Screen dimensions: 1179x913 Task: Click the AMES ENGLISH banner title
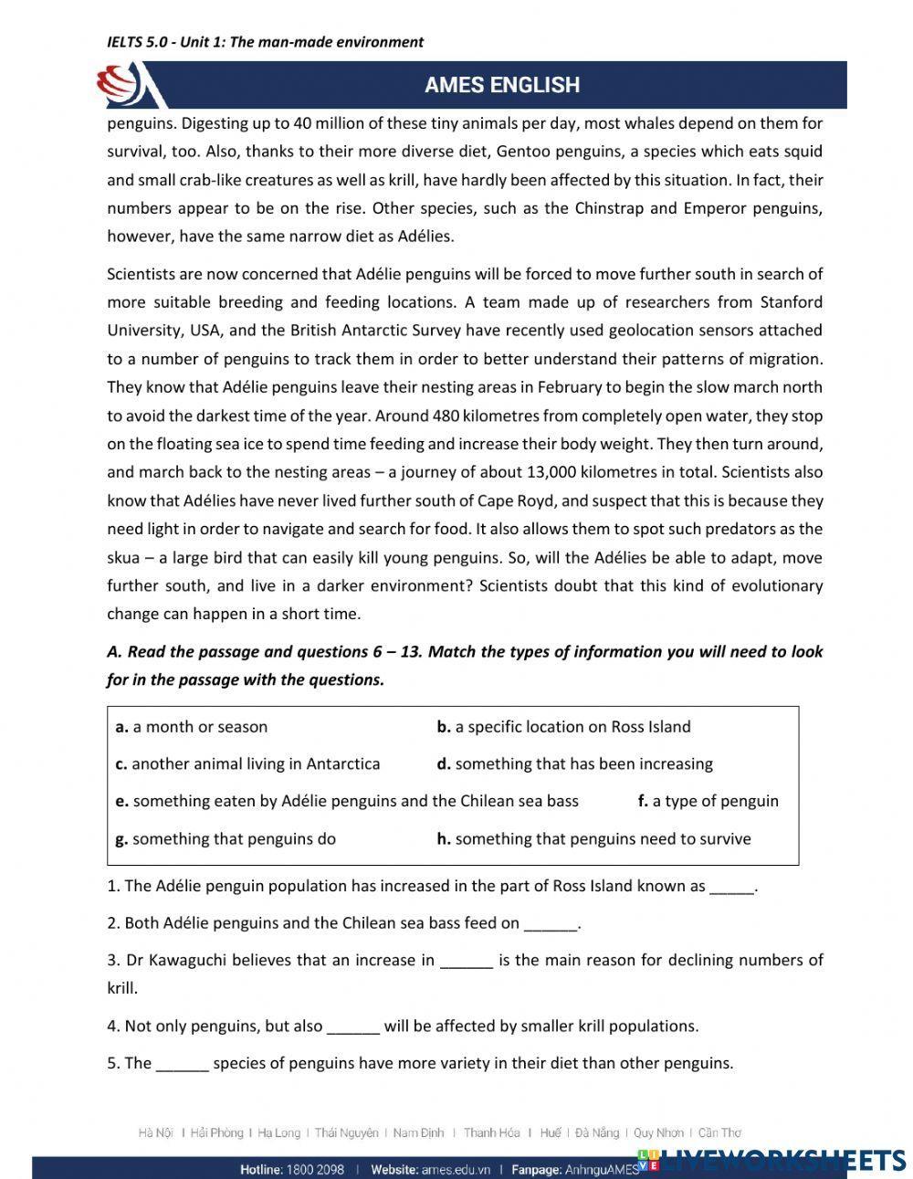(x=501, y=85)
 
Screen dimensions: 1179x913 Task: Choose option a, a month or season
(x=192, y=727)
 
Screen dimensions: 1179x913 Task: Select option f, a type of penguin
(x=708, y=801)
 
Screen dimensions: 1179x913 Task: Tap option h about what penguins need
(x=593, y=838)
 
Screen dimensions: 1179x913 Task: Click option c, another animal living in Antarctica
(x=247, y=763)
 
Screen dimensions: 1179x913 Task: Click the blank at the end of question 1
(x=731, y=887)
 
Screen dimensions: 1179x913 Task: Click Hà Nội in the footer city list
(x=156, y=1133)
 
